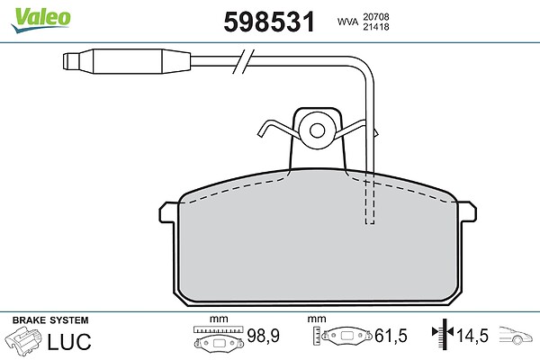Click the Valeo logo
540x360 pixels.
point(40,20)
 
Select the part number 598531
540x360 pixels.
point(269,22)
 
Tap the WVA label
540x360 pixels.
point(347,22)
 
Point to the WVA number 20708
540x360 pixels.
point(376,16)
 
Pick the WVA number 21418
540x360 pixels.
point(376,26)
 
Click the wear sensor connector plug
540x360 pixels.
point(127,61)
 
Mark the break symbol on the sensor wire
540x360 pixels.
point(243,61)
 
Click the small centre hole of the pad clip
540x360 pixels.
point(317,130)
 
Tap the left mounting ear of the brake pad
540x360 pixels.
point(168,211)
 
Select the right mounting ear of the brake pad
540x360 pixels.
point(467,211)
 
